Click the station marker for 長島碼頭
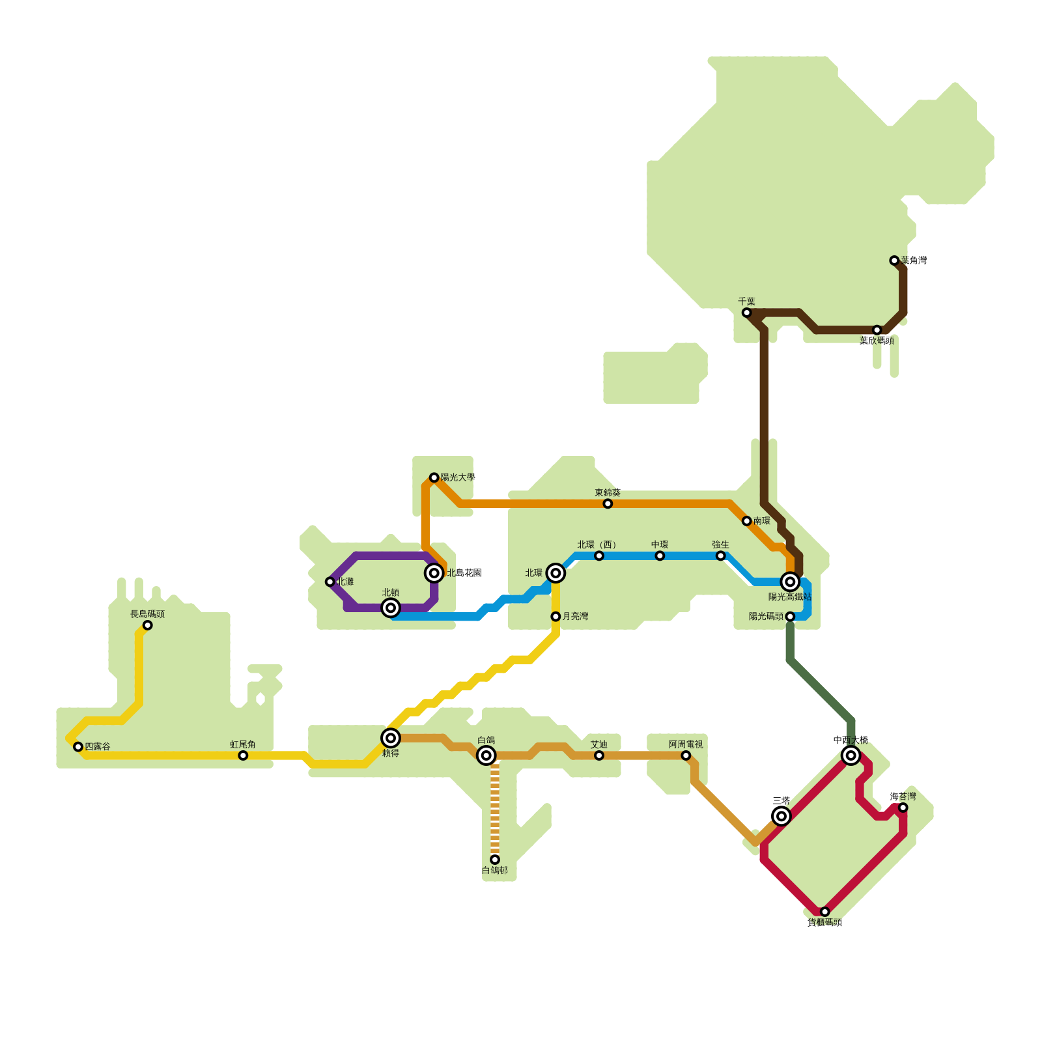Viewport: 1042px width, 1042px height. point(147,625)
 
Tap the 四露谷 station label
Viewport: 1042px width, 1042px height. point(98,746)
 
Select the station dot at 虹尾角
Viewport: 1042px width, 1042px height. point(243,755)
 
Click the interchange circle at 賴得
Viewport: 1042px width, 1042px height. point(390,738)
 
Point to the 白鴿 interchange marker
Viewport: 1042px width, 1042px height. point(486,755)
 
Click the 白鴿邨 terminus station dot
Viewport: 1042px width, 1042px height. point(495,860)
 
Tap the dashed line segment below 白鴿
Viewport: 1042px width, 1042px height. point(495,808)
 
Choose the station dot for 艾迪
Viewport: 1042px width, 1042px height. point(599,755)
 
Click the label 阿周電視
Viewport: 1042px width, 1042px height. point(686,744)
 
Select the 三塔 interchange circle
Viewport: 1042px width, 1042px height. point(781,816)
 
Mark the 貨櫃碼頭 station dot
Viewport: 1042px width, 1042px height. point(824,912)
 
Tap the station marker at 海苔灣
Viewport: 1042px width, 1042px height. point(903,808)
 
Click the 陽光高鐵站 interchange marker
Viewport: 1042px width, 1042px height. point(790,582)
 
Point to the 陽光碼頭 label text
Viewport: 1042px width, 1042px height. point(766,616)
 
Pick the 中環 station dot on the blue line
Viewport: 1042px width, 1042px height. point(660,556)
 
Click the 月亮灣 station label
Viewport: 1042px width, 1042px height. point(575,616)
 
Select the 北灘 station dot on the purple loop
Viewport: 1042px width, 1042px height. point(330,582)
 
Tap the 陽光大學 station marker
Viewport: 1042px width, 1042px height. point(434,477)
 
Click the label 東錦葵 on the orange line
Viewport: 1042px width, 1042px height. point(608,492)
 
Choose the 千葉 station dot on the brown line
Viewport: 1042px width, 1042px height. point(746,313)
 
